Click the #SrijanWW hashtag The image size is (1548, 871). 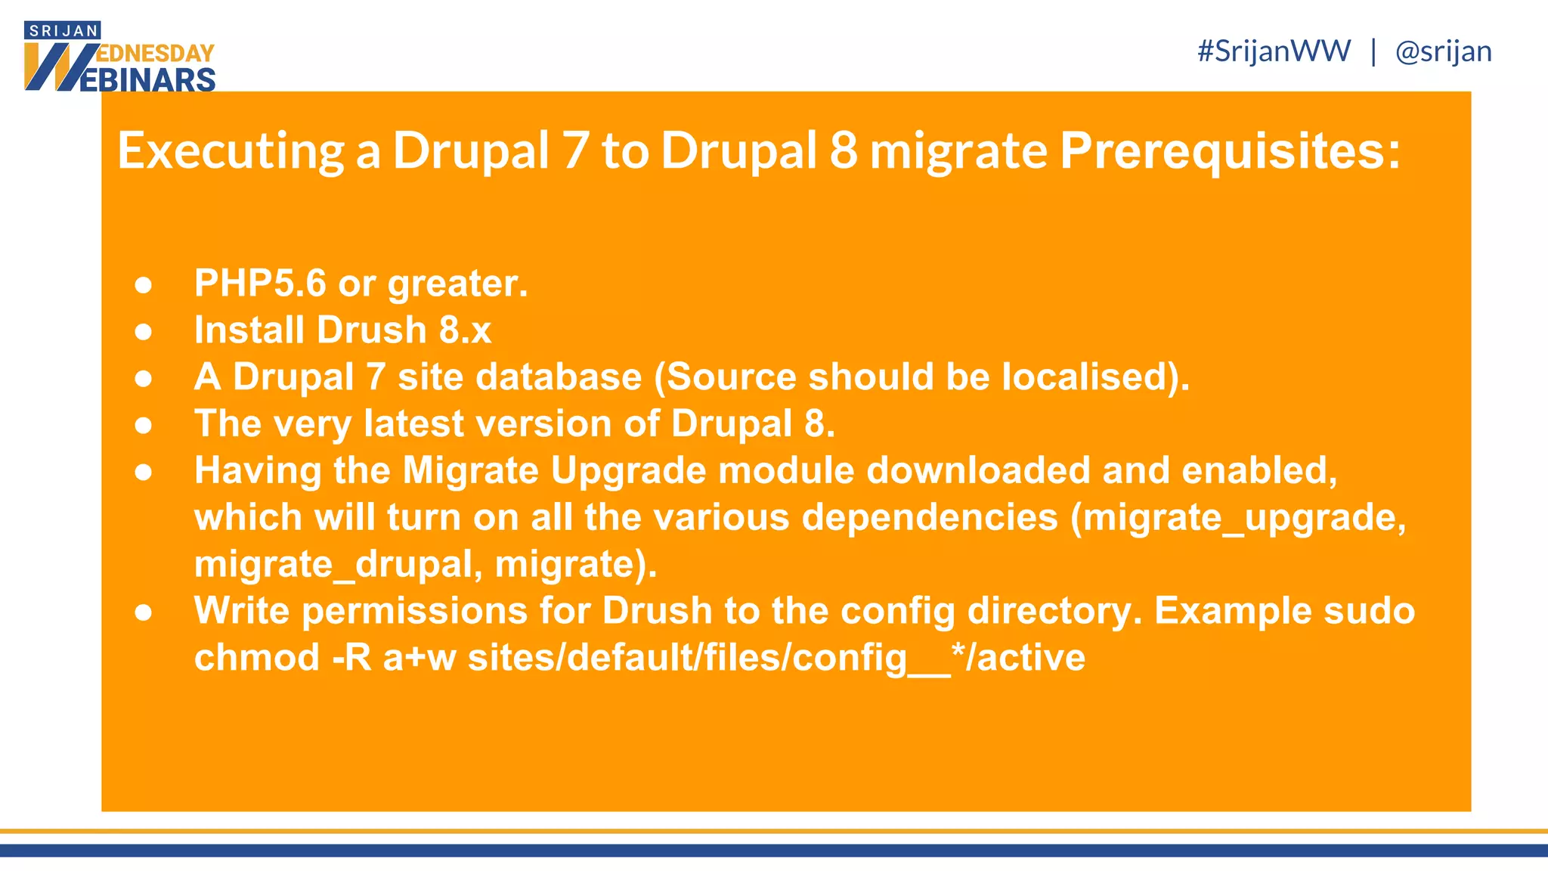pos(1274,51)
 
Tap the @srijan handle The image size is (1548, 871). pos(1443,51)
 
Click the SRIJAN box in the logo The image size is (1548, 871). pos(63,31)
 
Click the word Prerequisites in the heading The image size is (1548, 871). pos(1229,150)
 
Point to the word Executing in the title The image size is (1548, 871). pos(231,150)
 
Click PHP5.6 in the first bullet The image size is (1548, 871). pos(260,284)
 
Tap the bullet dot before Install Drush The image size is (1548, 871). pos(144,331)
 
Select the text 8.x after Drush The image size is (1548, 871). pos(466,330)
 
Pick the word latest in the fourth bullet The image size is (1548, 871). pos(413,423)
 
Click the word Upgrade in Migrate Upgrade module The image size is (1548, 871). pos(628,470)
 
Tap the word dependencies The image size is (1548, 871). pos(930,518)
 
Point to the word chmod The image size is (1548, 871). pos(257,658)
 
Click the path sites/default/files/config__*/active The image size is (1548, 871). pos(776,658)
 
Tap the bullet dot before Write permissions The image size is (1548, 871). pos(144,612)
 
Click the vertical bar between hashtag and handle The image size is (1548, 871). pos(1373,51)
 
